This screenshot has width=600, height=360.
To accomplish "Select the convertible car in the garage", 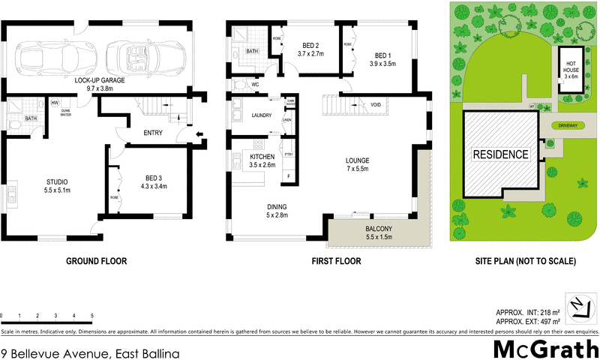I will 133,55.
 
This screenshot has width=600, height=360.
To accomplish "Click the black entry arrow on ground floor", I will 197,136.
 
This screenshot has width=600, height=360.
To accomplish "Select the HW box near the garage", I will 55,103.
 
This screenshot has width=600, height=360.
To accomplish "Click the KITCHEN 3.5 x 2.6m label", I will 262,160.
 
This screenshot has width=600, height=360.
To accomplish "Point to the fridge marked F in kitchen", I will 287,177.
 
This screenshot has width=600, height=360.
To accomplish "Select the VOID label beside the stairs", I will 376,105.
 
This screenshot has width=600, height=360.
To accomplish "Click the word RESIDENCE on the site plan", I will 500,155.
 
